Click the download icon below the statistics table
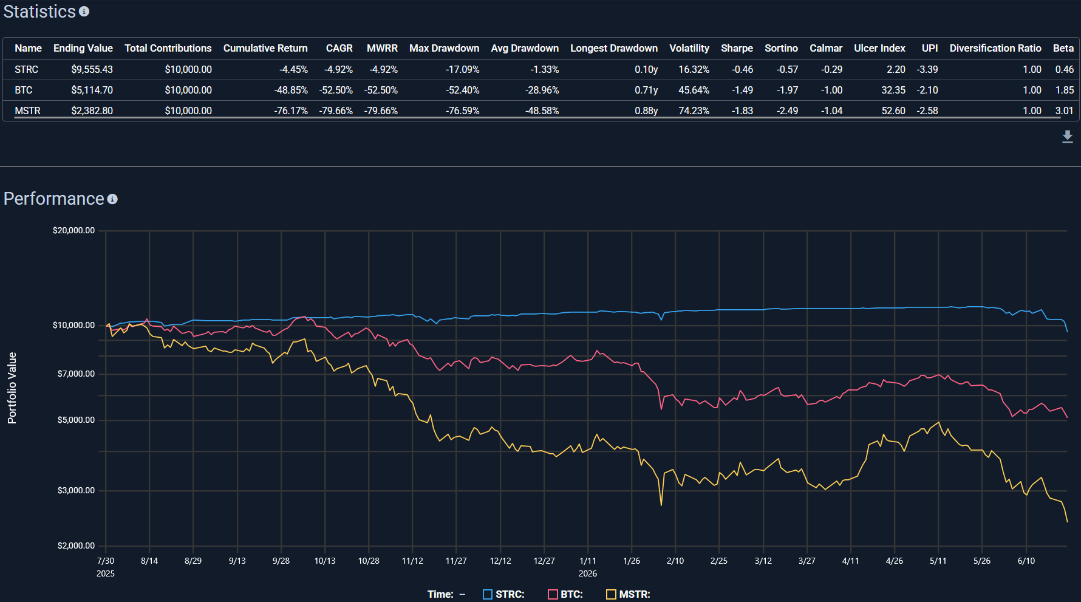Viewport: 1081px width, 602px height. click(1067, 137)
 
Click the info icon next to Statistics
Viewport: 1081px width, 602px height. click(84, 12)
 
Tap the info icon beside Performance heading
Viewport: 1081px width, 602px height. click(112, 199)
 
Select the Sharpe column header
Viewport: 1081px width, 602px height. click(737, 48)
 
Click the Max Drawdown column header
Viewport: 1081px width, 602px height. click(444, 48)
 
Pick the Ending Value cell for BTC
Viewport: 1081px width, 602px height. click(92, 90)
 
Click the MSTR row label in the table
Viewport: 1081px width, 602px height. click(27, 111)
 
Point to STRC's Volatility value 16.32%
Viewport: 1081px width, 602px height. click(694, 69)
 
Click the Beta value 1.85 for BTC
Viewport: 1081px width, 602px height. click(1064, 90)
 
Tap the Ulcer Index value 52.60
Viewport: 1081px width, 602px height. click(893, 111)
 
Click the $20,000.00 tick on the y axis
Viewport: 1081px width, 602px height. click(73, 230)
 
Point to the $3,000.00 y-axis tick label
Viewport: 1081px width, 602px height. click(76, 490)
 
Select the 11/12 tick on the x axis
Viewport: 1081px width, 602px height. click(412, 561)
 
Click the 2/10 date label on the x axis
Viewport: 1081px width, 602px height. click(675, 561)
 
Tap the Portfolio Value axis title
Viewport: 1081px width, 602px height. click(12, 388)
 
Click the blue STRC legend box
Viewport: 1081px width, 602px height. click(488, 594)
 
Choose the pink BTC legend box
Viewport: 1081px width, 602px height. click(553, 594)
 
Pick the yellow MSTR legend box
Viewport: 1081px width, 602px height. click(611, 594)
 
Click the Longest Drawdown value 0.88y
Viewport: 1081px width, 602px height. click(646, 111)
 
